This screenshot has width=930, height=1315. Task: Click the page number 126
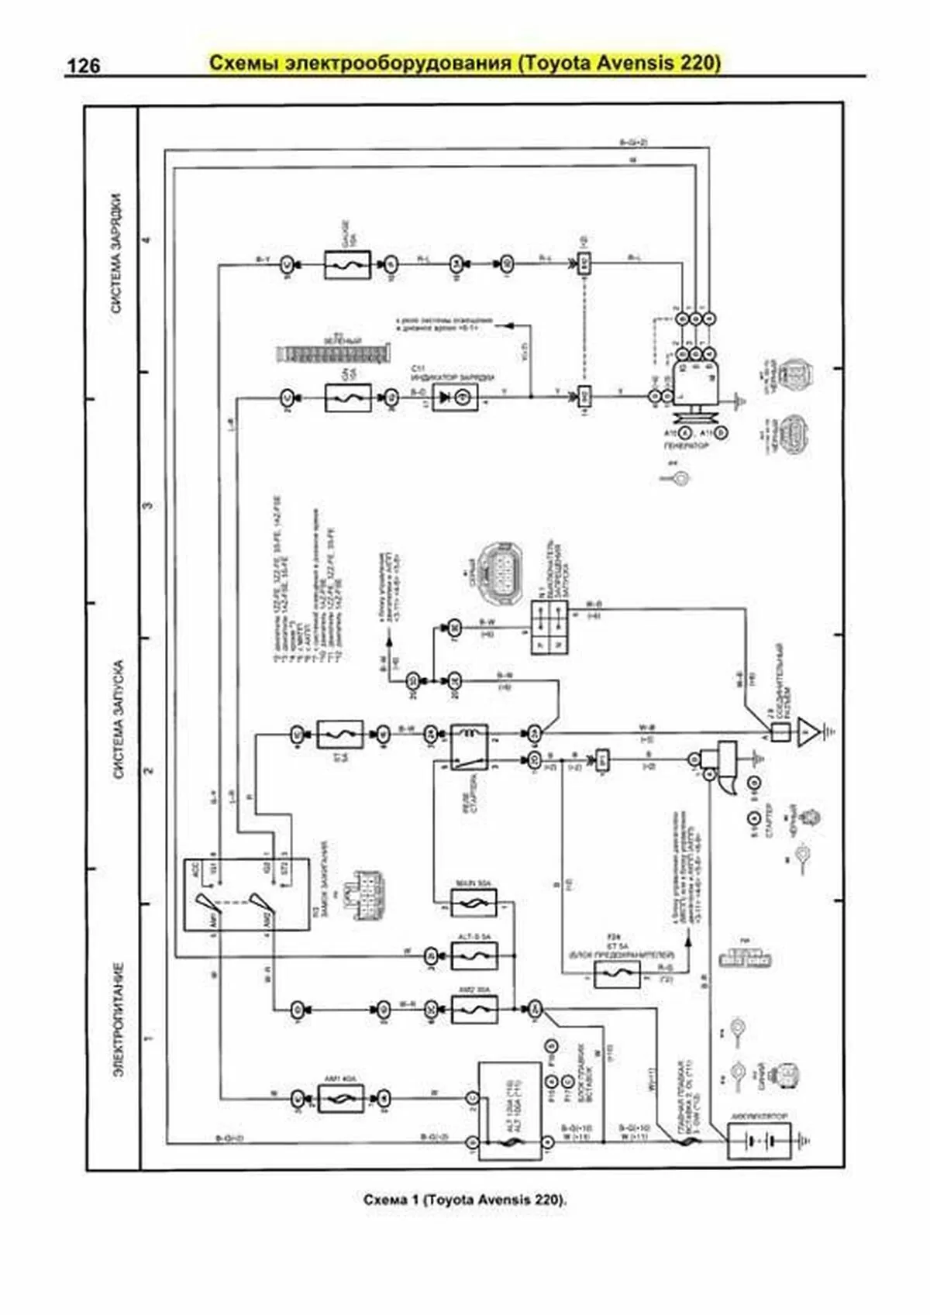coord(83,67)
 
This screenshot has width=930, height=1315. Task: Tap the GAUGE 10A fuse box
coord(347,265)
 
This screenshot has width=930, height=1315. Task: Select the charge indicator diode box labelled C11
coord(455,397)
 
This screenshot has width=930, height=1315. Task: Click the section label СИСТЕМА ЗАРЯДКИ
coord(117,253)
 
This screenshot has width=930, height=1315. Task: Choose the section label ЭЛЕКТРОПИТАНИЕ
coord(119,1020)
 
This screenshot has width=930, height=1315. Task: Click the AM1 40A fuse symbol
coord(340,1098)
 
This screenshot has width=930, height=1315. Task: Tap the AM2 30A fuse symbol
coord(474,1009)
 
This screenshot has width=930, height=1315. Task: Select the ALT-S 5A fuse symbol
coord(474,956)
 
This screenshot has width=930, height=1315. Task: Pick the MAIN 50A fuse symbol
coord(474,903)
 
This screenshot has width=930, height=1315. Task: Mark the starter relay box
coord(470,748)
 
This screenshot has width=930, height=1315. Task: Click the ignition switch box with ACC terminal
coord(246,893)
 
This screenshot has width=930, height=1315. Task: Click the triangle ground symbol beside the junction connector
coord(808,731)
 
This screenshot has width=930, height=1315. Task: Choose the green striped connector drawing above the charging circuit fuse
coord(331,354)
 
